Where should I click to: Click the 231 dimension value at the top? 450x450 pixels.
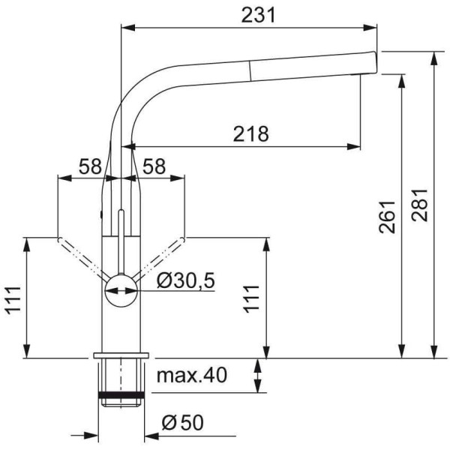(x=258, y=15)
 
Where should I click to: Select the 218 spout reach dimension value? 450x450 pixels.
(x=250, y=134)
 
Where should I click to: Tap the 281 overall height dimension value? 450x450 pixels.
(x=419, y=205)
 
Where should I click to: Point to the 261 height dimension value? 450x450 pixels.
(x=387, y=217)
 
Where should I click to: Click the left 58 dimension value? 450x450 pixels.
(x=91, y=166)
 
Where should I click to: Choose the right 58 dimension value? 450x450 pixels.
(x=154, y=166)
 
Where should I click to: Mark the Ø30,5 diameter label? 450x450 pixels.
(x=186, y=280)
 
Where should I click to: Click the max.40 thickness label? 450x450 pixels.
(x=192, y=375)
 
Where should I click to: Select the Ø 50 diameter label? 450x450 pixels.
(x=182, y=422)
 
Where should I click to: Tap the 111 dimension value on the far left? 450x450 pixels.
(x=13, y=300)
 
